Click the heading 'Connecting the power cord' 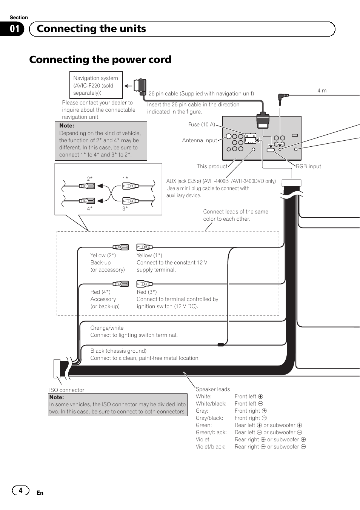100,60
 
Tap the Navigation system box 96,85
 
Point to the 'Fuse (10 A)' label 202,124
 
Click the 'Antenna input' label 200,140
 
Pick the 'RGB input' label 308,166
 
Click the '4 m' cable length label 322,91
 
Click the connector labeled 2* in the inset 87,186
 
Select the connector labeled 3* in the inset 129,201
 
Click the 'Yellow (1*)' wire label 149,255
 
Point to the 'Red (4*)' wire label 100,292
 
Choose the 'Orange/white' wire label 107,328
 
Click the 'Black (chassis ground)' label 118,351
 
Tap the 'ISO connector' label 67,390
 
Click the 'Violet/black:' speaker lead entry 211,447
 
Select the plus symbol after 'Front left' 260,396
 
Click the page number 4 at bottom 20,490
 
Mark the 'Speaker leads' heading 213,389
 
